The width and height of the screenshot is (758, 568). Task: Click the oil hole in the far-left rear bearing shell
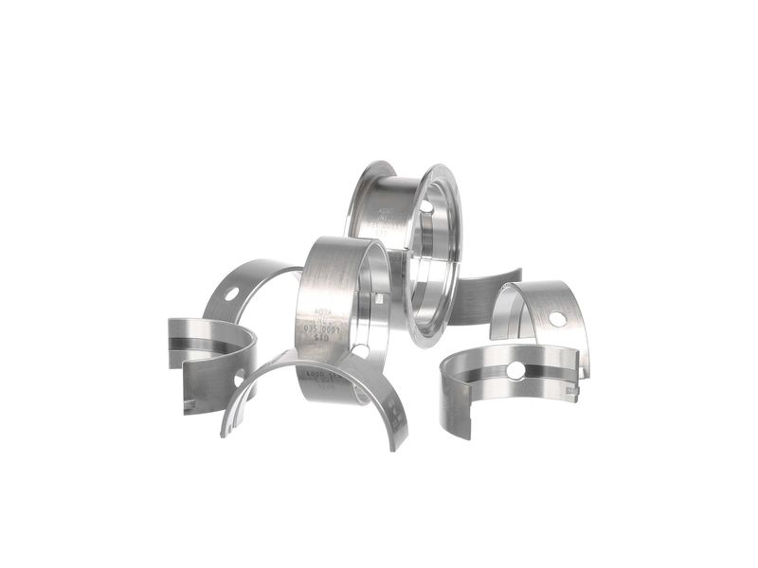pos(232,293)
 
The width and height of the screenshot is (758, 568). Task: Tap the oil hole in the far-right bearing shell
pos(557,319)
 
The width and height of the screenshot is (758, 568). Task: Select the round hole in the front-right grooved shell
pos(515,369)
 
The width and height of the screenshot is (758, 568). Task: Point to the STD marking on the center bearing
pos(322,346)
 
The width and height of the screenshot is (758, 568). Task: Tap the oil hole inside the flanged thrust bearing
pos(425,206)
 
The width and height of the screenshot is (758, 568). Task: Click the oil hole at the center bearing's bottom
pos(360,351)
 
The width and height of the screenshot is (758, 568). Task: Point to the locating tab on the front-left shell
pos(190,405)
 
